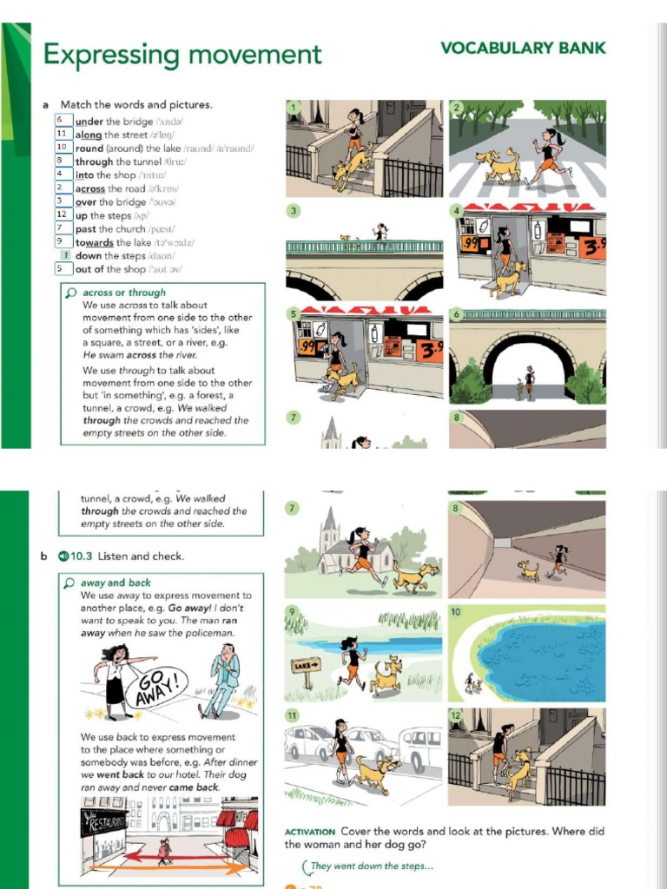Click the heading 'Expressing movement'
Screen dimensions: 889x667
click(182, 55)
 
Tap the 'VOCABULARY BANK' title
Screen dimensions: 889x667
click(523, 48)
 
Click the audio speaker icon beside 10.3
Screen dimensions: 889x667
click(63, 556)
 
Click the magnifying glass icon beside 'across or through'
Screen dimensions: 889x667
click(71, 293)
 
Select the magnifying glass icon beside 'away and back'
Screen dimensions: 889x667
click(71, 583)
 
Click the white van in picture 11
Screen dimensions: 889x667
click(420, 746)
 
